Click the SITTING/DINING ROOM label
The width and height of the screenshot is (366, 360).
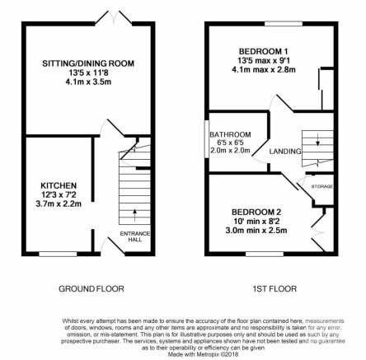click(88, 63)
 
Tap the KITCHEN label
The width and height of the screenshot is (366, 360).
click(59, 185)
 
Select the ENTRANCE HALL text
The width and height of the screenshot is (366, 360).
click(135, 236)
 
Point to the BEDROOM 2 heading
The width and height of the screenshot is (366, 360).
click(256, 212)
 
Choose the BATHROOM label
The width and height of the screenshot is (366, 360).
click(230, 134)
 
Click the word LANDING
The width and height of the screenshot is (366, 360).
click(285, 152)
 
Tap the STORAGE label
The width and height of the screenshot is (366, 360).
click(322, 186)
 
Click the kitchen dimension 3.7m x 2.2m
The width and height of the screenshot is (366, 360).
click(59, 204)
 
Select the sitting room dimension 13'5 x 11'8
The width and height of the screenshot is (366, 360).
click(88, 72)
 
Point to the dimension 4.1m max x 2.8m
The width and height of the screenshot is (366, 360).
click(264, 69)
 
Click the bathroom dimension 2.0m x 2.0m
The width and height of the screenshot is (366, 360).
click(230, 150)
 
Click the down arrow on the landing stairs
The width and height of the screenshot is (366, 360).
click(318, 139)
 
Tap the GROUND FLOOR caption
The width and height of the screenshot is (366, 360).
click(91, 288)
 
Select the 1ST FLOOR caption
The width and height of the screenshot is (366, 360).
click(274, 288)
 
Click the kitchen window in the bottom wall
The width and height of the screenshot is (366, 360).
click(58, 254)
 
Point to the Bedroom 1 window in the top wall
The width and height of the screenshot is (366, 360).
click(284, 24)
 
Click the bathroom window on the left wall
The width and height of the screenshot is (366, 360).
click(207, 139)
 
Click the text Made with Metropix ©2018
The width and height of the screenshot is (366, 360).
click(203, 354)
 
